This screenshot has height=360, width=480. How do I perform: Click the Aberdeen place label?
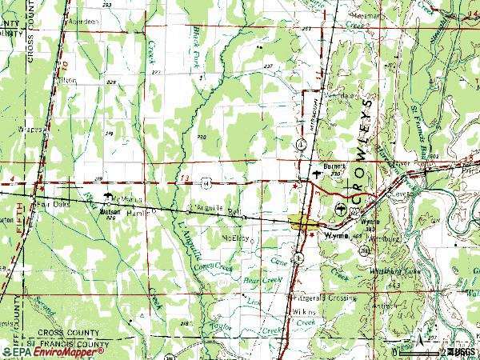coord(84,22)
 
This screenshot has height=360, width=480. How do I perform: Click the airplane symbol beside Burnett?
coord(322,170)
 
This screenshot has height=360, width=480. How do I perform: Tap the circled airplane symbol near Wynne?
coord(343,209)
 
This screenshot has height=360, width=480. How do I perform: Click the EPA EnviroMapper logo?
coord(54,351)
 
